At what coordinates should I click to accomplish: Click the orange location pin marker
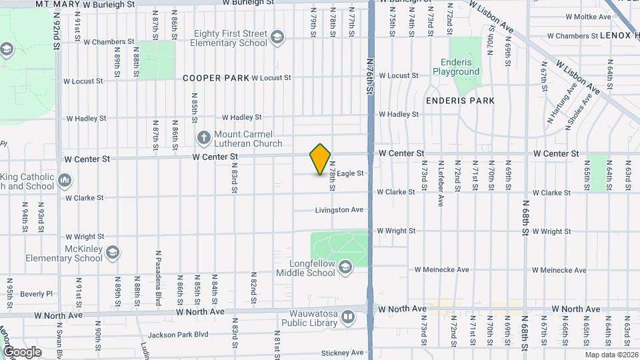click(x=320, y=159)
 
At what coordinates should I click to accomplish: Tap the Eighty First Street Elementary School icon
click(x=277, y=37)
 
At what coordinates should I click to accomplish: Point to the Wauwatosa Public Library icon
click(x=347, y=318)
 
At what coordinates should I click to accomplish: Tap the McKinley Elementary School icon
click(x=113, y=253)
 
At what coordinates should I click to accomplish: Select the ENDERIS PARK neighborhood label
click(x=460, y=101)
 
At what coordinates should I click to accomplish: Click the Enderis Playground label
click(x=456, y=67)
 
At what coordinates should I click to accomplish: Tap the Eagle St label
click(x=350, y=173)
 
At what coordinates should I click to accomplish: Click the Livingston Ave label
click(x=339, y=210)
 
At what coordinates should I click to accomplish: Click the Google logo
click(x=22, y=351)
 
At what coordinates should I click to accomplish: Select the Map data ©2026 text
click(x=611, y=355)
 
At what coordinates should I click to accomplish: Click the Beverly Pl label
click(x=36, y=294)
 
